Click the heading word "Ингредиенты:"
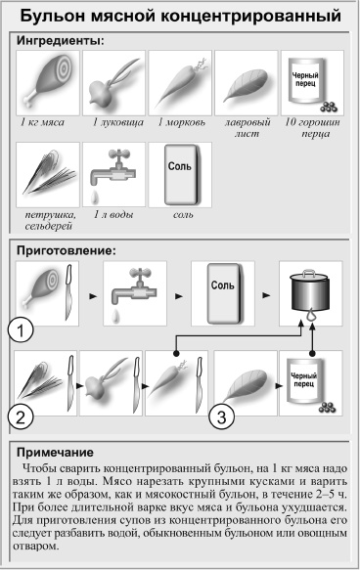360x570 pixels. coord(60,41)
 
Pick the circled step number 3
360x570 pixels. coord(225,417)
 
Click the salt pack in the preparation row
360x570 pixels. coord(223,292)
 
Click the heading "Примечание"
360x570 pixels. coord(60,453)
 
